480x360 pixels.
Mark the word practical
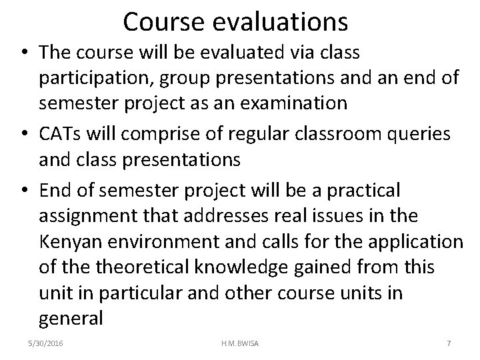point(361,191)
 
